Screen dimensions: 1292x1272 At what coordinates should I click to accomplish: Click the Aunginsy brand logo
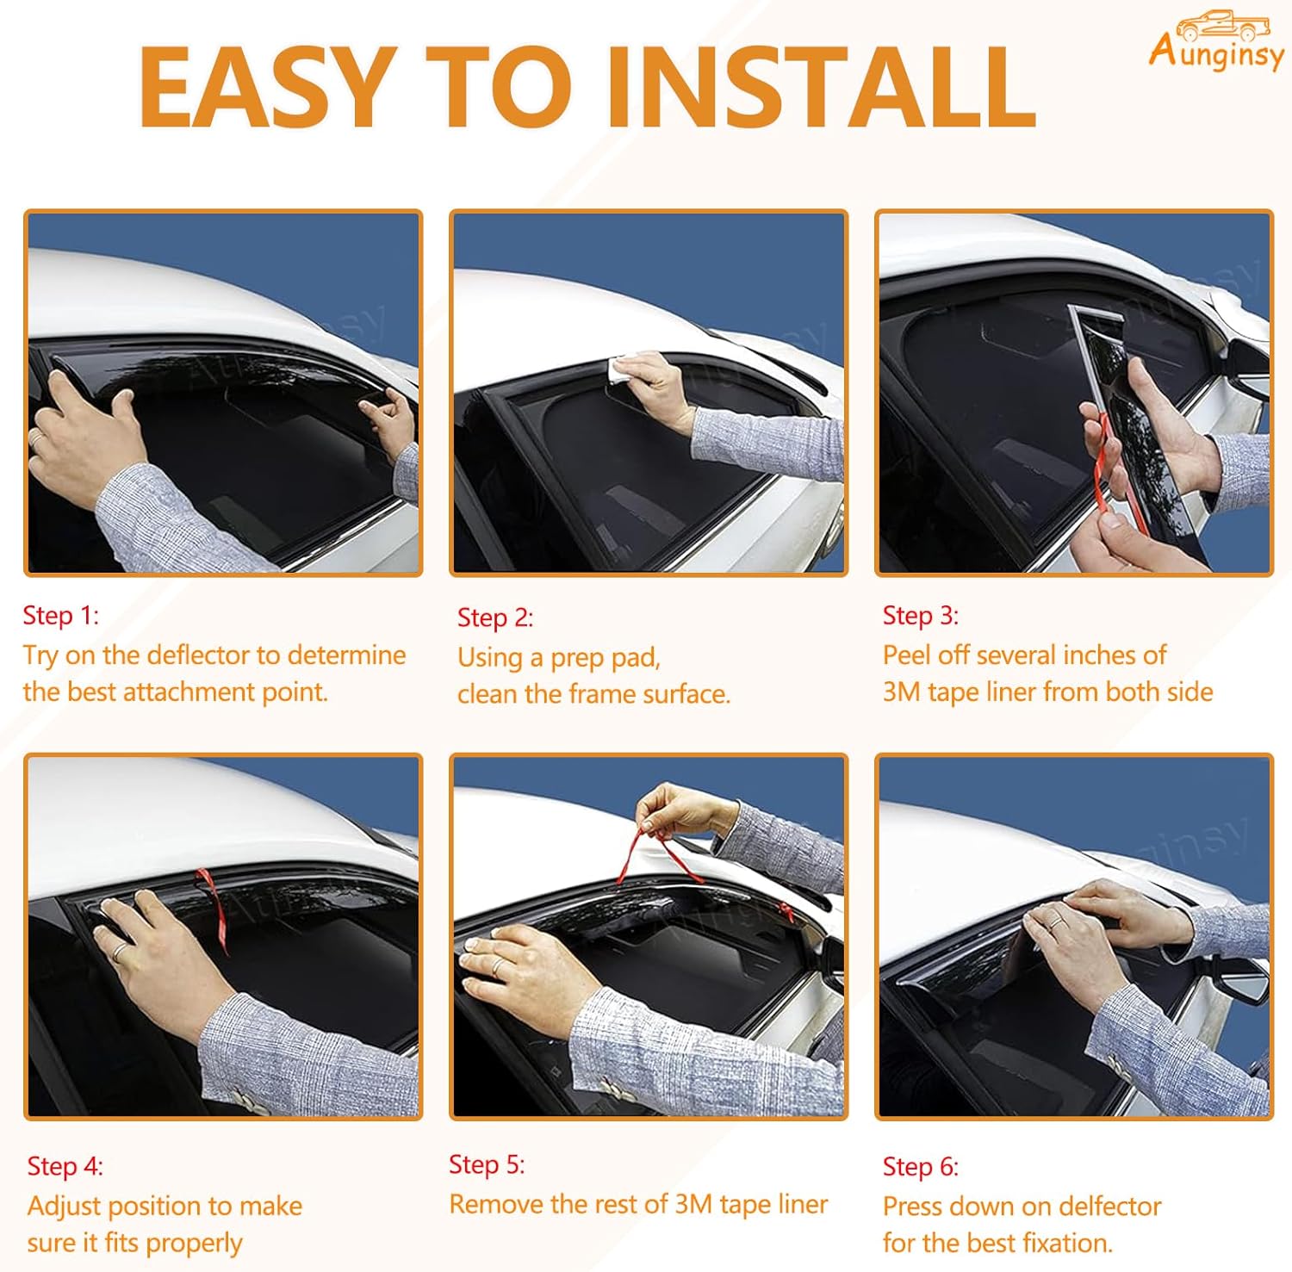(x=1216, y=39)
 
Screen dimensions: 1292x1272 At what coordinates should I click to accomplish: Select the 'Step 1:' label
(x=61, y=615)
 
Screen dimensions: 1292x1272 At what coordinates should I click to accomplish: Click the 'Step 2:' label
(x=495, y=617)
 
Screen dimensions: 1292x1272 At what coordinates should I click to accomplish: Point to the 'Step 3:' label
(x=921, y=615)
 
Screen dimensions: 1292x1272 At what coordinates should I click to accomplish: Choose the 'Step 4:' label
(x=65, y=1166)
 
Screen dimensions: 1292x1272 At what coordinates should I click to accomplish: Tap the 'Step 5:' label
(x=487, y=1164)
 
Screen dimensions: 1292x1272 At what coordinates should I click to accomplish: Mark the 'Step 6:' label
(x=921, y=1166)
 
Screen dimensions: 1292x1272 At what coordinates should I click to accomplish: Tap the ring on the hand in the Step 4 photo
(x=118, y=951)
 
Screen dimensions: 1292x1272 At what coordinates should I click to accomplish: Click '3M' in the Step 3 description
(x=902, y=692)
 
